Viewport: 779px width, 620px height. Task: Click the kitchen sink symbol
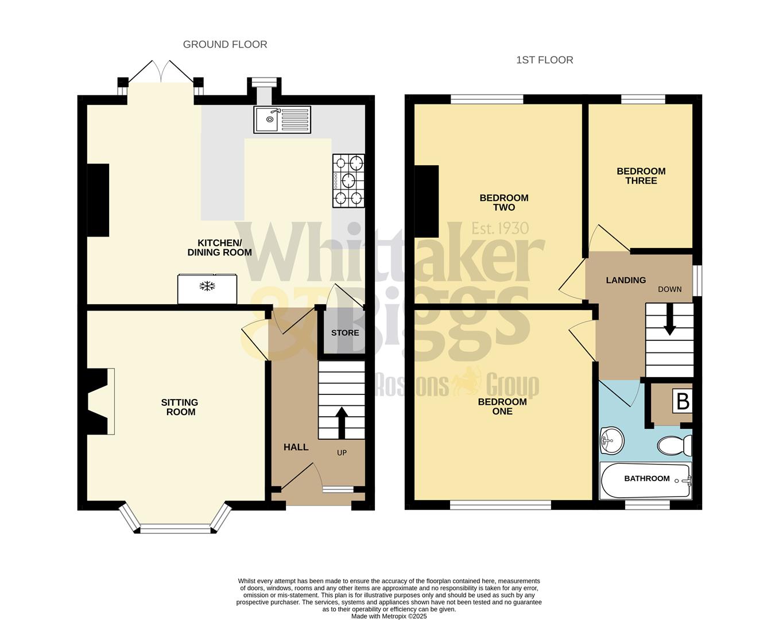[x=282, y=119]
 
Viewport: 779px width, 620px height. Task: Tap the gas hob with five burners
[x=348, y=181]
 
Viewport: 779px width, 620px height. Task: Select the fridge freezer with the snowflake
[x=207, y=289]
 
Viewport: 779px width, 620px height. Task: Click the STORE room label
[x=345, y=333]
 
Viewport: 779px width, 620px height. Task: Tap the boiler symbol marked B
[x=683, y=401]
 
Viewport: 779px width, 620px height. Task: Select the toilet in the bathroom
[x=675, y=445]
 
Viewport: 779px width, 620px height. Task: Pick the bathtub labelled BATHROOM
[x=646, y=480]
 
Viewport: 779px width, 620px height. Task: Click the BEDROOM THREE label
[x=641, y=176]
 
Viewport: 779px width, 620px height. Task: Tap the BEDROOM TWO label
[x=503, y=203]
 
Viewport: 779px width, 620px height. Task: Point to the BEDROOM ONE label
[x=502, y=406]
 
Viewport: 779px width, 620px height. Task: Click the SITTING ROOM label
[x=180, y=407]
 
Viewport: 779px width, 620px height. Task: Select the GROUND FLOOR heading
[x=225, y=44]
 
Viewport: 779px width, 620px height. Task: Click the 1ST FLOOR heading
[x=544, y=60]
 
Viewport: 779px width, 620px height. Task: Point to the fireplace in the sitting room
[x=99, y=401]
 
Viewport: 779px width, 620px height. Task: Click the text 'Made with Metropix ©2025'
[x=389, y=616]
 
